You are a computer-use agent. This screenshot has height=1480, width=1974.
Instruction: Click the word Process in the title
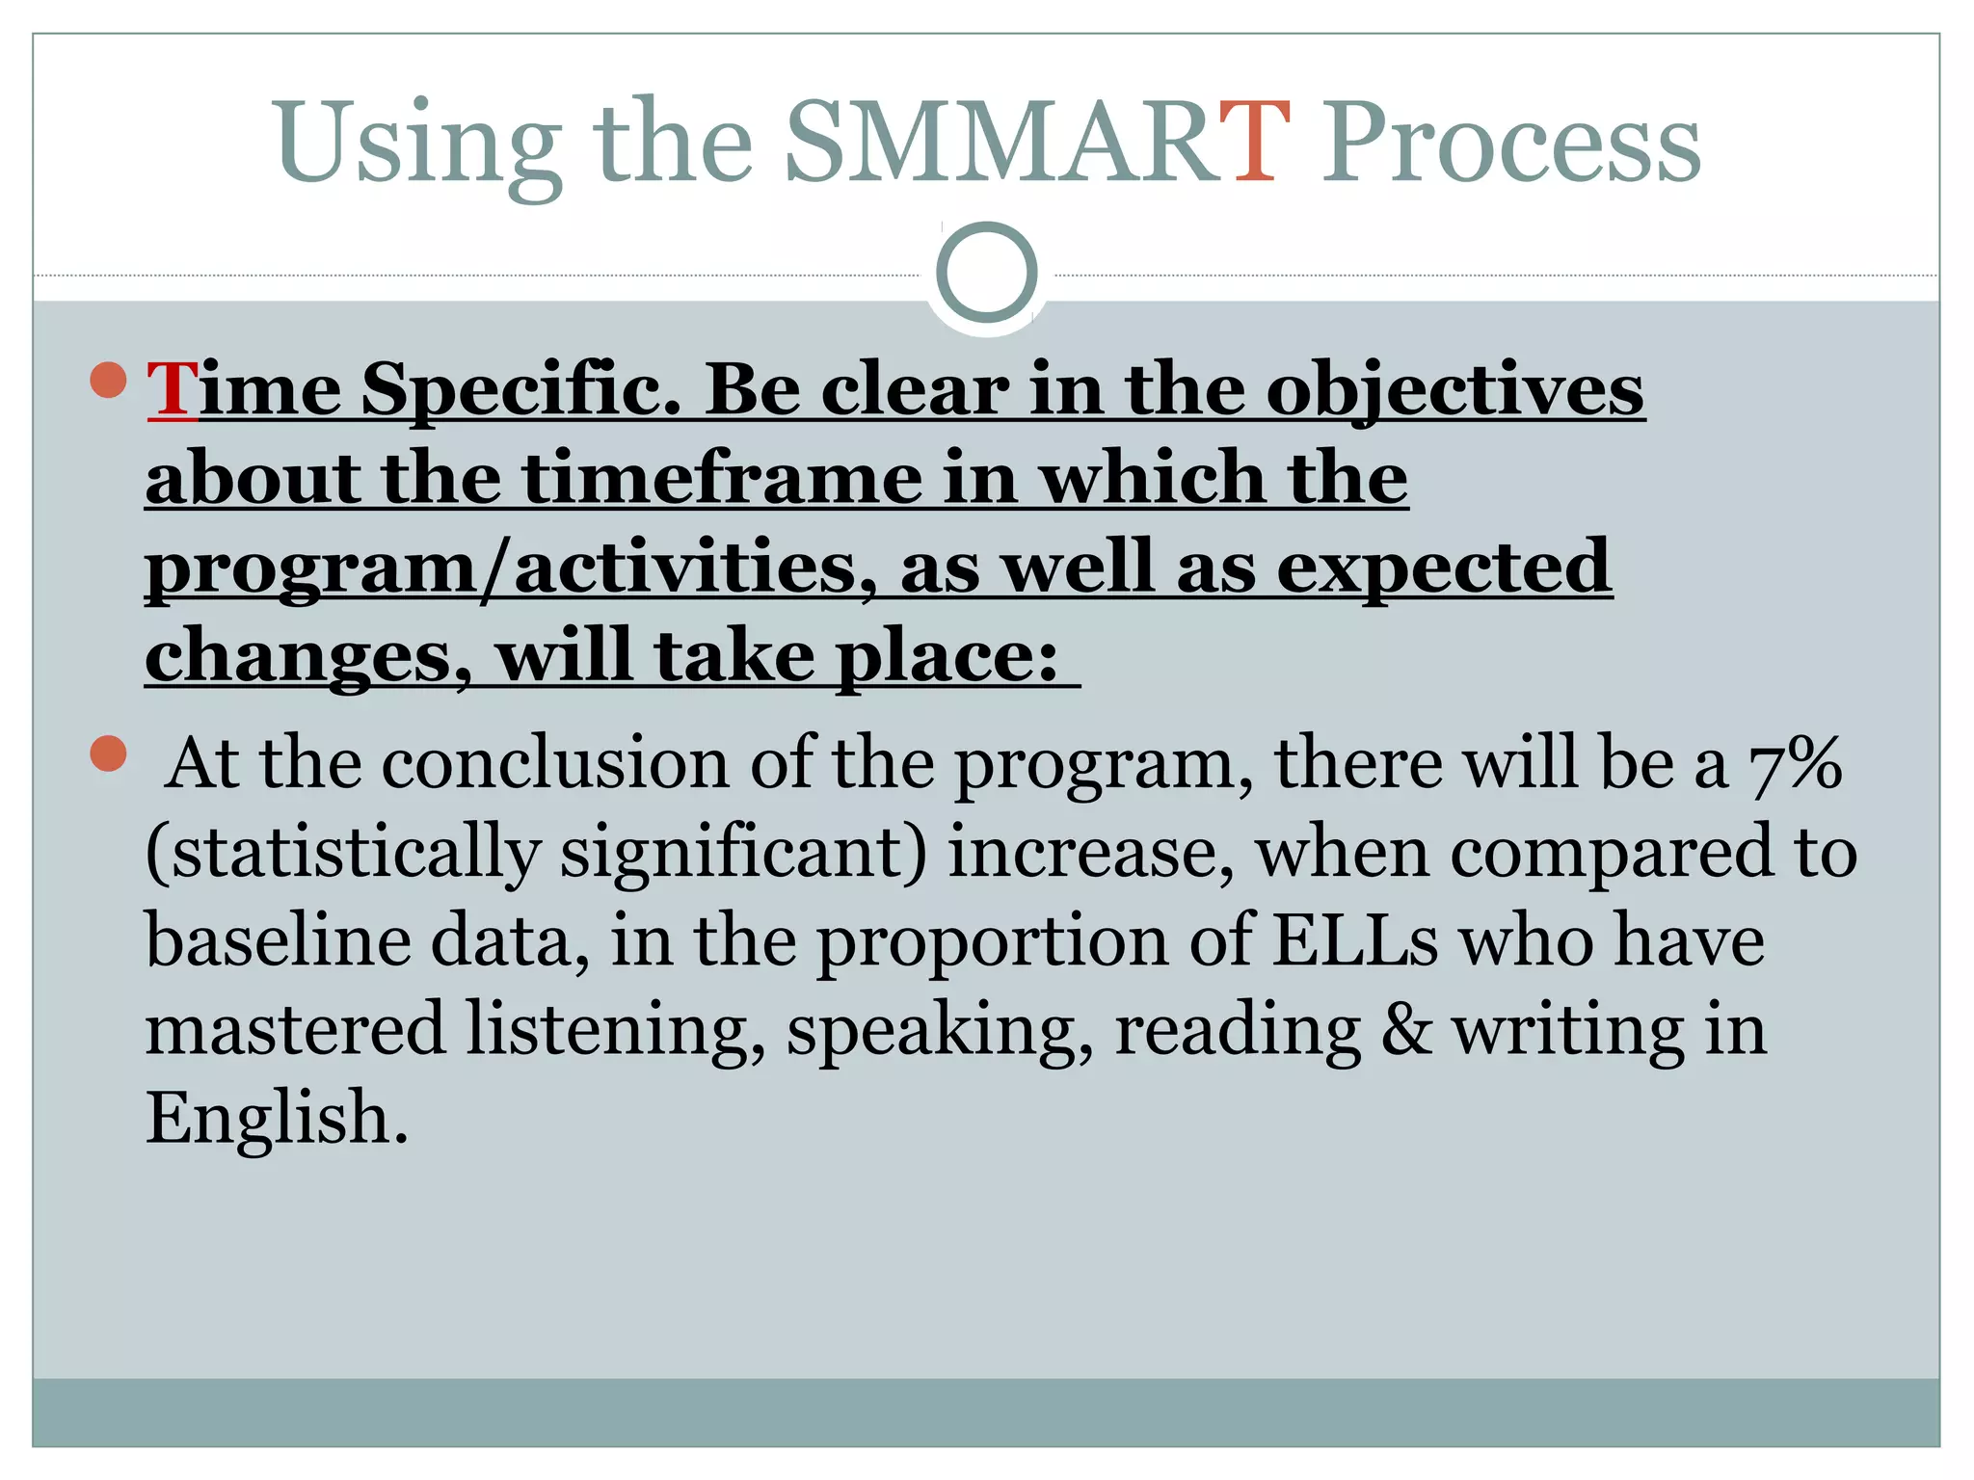coord(1509,145)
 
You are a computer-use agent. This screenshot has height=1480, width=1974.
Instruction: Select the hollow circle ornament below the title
coord(986,272)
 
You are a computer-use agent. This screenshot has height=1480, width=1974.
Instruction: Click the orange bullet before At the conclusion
coord(109,753)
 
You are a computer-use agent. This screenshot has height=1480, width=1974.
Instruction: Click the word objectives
coord(1454,390)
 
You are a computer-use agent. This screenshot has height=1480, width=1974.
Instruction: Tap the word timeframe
coord(723,478)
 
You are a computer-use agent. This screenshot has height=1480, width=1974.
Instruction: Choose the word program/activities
coord(501,568)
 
